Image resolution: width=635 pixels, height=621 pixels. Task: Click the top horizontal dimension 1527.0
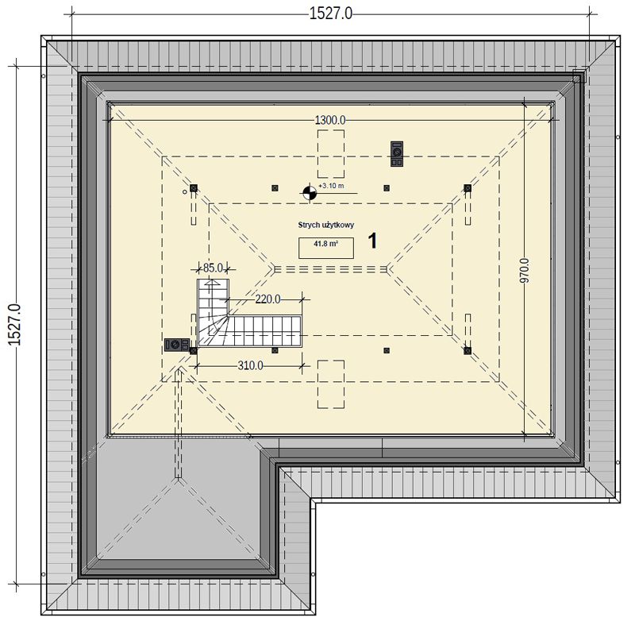[x=330, y=13]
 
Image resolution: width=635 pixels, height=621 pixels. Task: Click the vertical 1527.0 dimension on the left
[x=14, y=325]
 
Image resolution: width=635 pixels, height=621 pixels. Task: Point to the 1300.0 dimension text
[x=330, y=120]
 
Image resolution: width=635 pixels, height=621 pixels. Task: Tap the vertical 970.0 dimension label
[x=525, y=270]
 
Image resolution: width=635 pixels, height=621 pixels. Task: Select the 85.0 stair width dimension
[x=213, y=268]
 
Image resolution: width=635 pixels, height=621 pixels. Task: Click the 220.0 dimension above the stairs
[x=267, y=299]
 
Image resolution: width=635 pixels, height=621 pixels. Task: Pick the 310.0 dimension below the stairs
[x=250, y=366]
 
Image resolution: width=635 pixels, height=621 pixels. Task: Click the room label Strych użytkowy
[x=326, y=225]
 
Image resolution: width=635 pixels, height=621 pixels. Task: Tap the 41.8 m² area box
[x=326, y=248]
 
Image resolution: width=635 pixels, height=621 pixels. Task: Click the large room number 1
[x=372, y=241]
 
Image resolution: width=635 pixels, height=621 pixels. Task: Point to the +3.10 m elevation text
[x=331, y=186]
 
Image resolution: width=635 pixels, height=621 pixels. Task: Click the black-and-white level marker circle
[x=310, y=193]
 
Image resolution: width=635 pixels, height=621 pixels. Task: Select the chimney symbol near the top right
[x=397, y=154]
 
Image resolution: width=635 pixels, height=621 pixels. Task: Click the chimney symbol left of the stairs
[x=177, y=345]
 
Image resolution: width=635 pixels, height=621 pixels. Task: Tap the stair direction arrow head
[x=212, y=283]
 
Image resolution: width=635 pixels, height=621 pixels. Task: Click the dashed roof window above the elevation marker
[x=331, y=154]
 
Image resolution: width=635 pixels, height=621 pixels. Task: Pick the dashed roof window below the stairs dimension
[x=331, y=384]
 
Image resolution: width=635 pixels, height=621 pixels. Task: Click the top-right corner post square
[x=468, y=188]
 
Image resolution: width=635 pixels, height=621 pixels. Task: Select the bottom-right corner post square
[x=468, y=350]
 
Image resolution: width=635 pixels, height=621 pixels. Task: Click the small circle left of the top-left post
[x=185, y=192]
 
